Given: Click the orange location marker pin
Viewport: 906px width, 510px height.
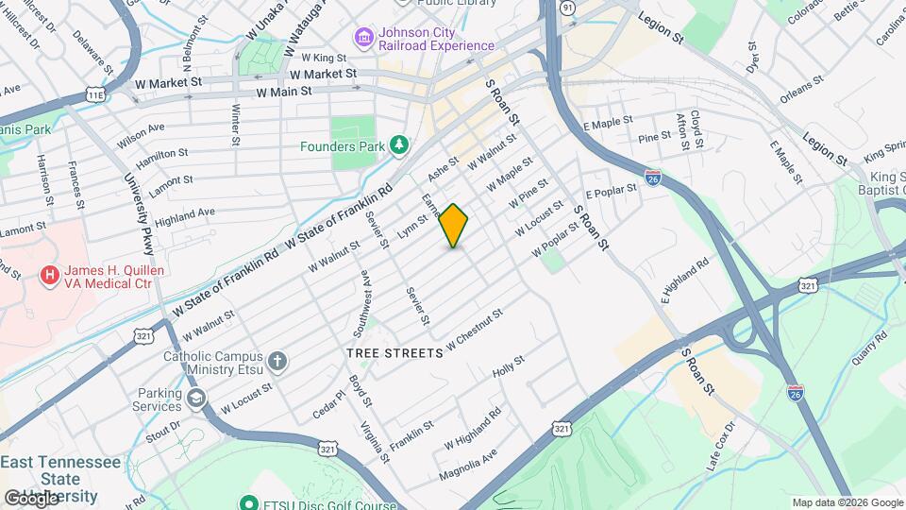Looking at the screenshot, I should pos(454,226).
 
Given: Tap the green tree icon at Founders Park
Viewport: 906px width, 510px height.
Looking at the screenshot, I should pos(400,144).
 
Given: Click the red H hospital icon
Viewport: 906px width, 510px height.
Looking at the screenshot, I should pos(49,275).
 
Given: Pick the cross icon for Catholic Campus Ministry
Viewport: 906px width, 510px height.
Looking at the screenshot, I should pos(277,361).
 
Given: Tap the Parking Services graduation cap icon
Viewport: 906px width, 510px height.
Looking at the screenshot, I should pos(196,399).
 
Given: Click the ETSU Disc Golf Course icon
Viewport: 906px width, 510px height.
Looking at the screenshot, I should pos(249,502).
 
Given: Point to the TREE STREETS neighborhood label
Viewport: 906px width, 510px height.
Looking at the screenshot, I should pos(394,353).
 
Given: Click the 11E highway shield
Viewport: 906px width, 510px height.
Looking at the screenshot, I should pos(95,94).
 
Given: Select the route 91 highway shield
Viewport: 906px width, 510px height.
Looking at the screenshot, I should pos(567,7).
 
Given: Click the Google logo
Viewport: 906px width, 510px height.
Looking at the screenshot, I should pos(31,499).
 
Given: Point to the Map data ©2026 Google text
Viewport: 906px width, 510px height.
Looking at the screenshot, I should pos(847,502).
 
